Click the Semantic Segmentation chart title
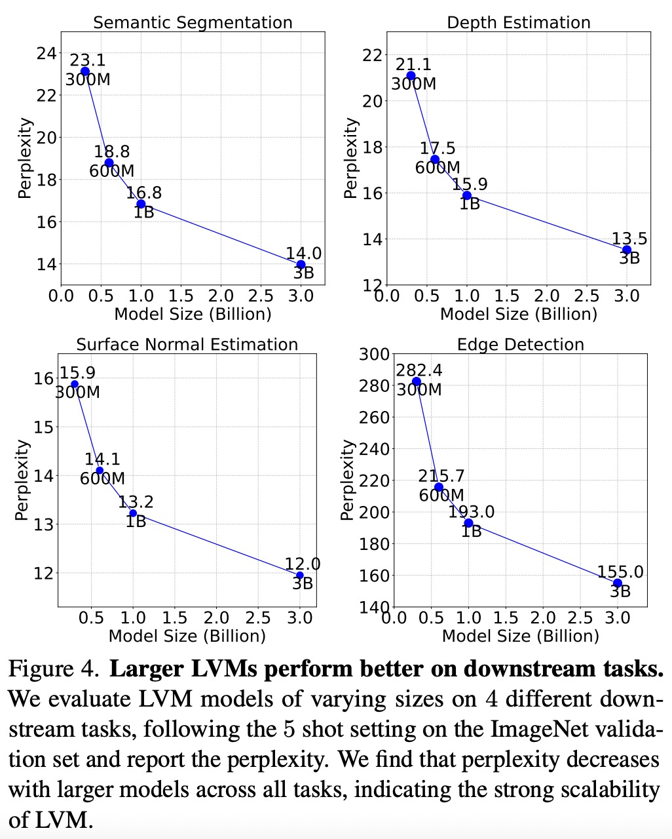tap(193, 23)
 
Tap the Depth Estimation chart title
tap(518, 23)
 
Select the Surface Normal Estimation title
tap(187, 345)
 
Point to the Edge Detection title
tap(521, 345)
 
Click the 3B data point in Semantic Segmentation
tap(301, 265)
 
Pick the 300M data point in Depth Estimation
tap(411, 76)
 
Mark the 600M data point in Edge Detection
tap(439, 488)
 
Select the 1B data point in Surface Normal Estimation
tap(133, 513)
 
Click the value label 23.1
tap(88, 61)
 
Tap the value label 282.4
tap(419, 371)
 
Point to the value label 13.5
tap(629, 239)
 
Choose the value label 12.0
tap(303, 564)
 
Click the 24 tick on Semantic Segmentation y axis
tap(46, 53)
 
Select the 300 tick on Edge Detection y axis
tap(375, 355)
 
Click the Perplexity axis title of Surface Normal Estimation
tap(22, 480)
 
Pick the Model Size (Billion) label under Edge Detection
tap(520, 636)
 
